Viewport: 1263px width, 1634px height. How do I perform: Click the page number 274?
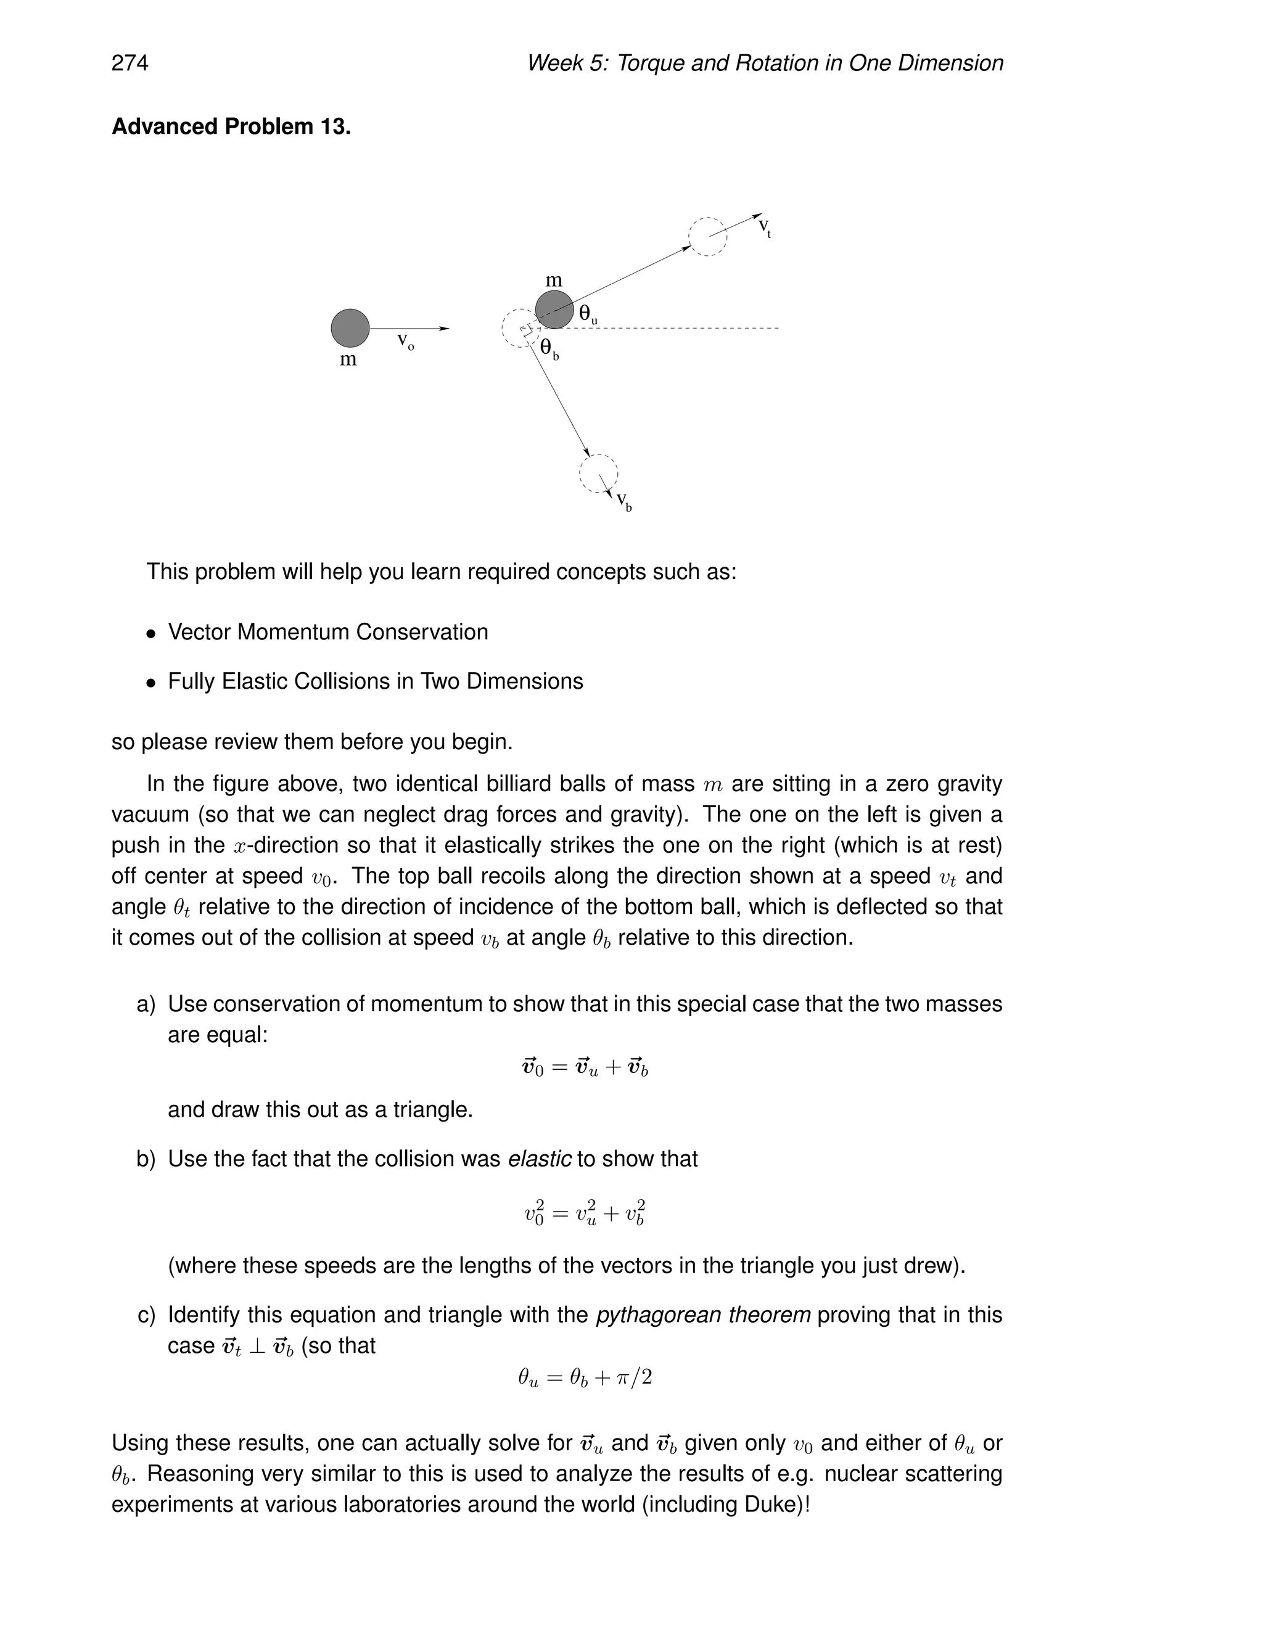(x=130, y=63)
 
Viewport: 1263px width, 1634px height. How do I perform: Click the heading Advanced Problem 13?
(x=231, y=126)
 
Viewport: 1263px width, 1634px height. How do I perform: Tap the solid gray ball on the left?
(x=350, y=327)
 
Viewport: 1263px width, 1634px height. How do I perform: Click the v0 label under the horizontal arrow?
(x=405, y=343)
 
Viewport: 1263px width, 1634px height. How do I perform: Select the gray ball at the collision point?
(x=554, y=309)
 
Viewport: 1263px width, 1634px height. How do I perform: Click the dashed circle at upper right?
(x=707, y=236)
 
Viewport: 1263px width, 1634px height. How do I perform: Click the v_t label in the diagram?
(x=765, y=227)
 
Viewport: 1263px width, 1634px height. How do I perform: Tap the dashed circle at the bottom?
(x=599, y=473)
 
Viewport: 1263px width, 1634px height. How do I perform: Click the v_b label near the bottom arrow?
(x=624, y=501)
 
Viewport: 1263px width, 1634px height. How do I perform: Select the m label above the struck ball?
(x=554, y=281)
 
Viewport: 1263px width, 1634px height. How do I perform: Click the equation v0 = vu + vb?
(x=585, y=1067)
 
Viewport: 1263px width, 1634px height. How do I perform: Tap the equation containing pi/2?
(x=585, y=1377)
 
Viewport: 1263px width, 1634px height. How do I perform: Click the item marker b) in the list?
(x=146, y=1159)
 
